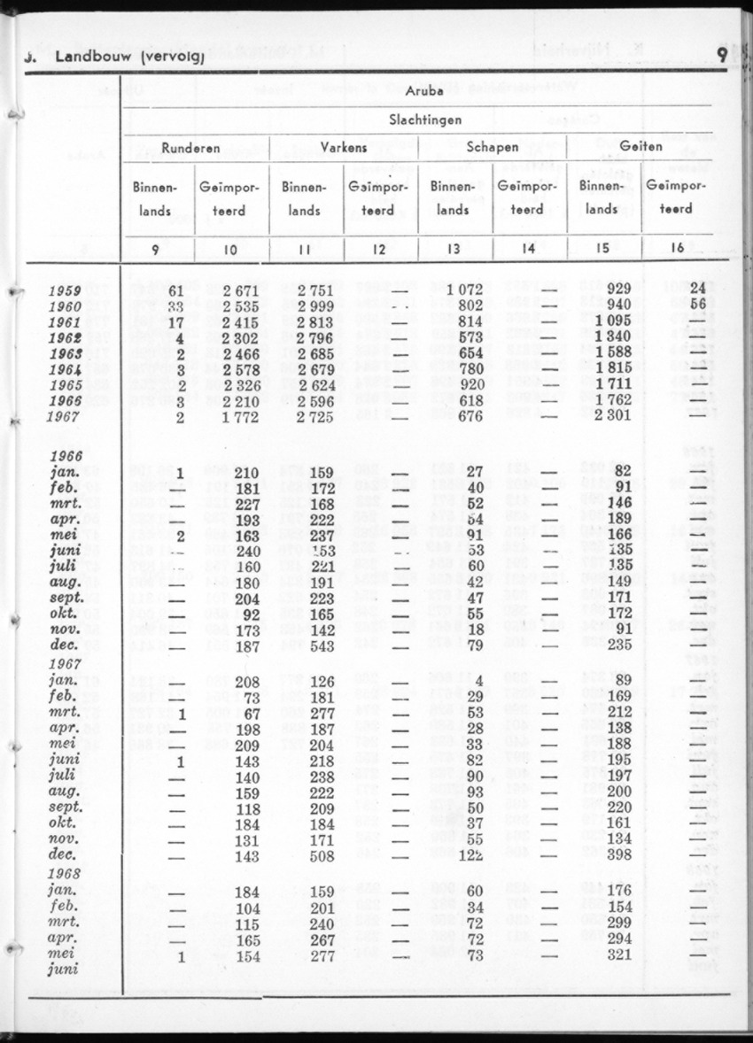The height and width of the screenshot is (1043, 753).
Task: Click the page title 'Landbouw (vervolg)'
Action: (x=128, y=58)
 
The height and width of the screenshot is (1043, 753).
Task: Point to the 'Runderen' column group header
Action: (x=191, y=148)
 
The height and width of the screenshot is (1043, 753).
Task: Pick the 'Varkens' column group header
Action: (x=344, y=148)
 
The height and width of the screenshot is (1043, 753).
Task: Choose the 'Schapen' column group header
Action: (x=492, y=148)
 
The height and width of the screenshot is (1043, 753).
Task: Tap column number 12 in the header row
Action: (x=379, y=249)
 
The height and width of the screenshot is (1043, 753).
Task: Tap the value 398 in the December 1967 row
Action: (x=617, y=856)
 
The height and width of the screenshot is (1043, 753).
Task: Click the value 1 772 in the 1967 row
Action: (x=240, y=417)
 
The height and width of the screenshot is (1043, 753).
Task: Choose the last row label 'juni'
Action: (x=65, y=968)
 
